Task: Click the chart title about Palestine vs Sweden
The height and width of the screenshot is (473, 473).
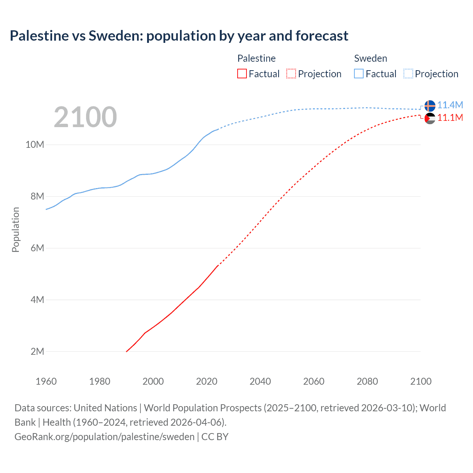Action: [x=179, y=36]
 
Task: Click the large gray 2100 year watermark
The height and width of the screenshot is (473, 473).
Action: [x=85, y=117]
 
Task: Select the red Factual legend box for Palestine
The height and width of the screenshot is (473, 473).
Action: [x=242, y=74]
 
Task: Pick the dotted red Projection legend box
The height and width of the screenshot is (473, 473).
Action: [x=291, y=74]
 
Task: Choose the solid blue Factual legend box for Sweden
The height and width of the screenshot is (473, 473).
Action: [x=359, y=74]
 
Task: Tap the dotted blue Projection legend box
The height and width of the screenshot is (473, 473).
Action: [x=408, y=74]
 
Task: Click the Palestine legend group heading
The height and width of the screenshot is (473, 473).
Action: [x=256, y=58]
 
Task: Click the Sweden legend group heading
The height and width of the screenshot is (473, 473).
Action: [x=371, y=58]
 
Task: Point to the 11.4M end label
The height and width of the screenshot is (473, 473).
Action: [x=450, y=105]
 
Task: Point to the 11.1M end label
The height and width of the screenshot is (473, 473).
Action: [x=450, y=118]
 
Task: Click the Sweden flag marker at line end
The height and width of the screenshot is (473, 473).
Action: [x=430, y=106]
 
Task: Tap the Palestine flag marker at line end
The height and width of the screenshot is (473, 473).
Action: [x=430, y=119]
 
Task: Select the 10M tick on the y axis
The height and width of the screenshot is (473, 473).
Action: [x=35, y=144]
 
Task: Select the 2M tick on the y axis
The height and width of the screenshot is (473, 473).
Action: [x=37, y=351]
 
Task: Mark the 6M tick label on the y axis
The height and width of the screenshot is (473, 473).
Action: [x=37, y=248]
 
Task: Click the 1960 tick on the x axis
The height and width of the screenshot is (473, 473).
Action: [x=46, y=381]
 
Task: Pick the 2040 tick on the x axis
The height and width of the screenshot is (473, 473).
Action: [x=260, y=381]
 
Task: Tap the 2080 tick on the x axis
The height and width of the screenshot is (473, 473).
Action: [x=367, y=381]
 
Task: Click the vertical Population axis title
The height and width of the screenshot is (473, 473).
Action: [x=16, y=229]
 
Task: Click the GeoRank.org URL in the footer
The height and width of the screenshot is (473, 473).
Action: [x=105, y=437]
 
